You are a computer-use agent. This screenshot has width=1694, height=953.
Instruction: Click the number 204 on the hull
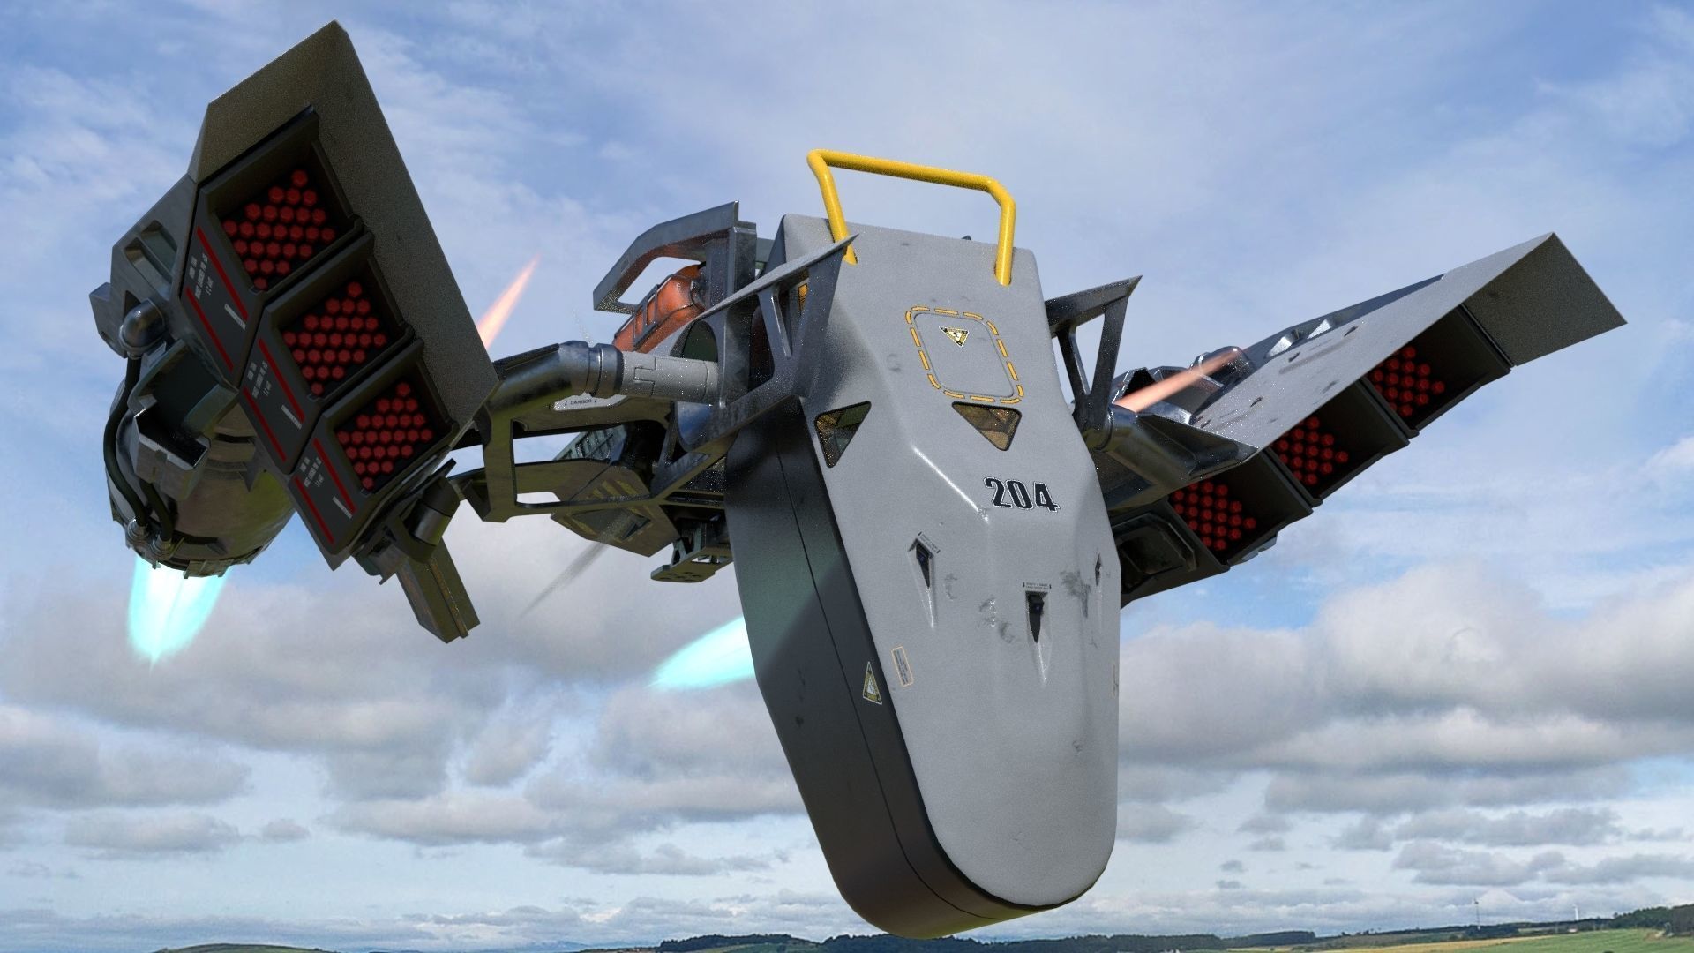coord(1021,494)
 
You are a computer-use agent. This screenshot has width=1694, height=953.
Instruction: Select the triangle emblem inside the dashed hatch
coord(954,336)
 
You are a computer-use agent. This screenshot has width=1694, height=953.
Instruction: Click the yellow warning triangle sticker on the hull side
coord(871,683)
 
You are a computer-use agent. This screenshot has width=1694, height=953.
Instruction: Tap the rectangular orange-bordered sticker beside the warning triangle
coord(901,665)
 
